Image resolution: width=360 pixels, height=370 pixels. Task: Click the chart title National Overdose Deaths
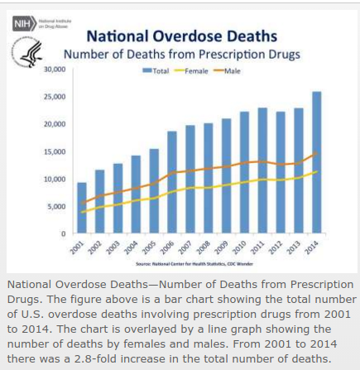[182, 36]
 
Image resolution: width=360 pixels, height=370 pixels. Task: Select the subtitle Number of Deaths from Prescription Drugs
[182, 55]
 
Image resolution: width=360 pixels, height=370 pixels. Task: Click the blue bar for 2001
[81, 207]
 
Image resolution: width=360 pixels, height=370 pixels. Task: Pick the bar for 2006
[172, 182]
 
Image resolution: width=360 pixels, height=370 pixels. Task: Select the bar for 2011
[262, 170]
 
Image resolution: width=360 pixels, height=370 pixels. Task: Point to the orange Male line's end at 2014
[316, 152]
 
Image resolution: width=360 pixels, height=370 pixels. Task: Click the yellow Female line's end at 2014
[316, 172]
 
